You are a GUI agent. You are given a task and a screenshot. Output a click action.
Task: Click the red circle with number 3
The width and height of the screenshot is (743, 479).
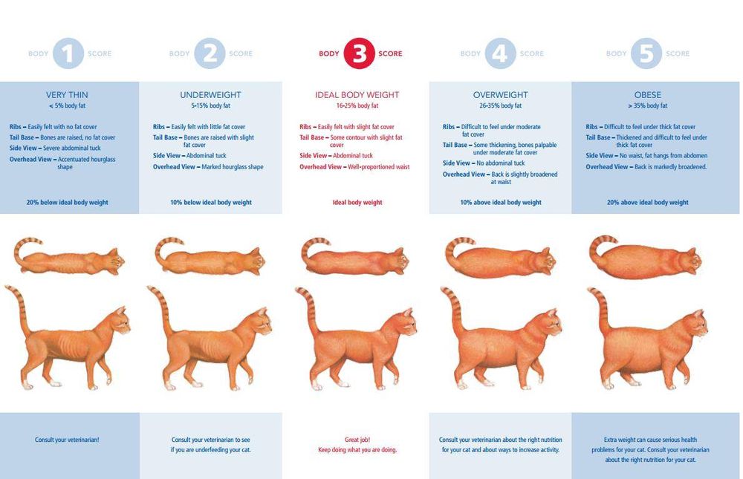[359, 53]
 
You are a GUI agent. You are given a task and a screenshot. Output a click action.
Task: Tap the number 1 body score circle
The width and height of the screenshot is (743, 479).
[68, 53]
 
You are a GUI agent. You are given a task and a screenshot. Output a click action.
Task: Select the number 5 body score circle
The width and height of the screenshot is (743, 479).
[646, 53]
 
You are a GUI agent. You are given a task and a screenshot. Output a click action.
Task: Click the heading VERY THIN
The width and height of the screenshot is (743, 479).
[67, 95]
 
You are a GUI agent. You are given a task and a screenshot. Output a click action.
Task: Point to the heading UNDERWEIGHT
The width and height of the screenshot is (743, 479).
[210, 95]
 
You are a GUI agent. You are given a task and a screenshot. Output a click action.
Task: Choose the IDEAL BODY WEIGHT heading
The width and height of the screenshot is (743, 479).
[357, 95]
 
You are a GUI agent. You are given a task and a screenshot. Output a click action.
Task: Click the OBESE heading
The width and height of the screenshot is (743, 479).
[647, 95]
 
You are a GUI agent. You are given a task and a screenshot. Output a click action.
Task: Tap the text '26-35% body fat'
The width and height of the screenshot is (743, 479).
[500, 105]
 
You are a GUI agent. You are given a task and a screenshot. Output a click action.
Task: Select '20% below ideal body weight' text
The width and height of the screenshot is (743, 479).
[68, 202]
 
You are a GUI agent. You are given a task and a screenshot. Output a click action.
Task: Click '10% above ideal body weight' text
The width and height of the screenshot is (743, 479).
[501, 202]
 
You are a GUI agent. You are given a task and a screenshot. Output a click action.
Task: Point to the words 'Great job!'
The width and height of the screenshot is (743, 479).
[357, 440]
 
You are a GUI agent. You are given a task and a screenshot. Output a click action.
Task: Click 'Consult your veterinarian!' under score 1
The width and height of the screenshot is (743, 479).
[67, 440]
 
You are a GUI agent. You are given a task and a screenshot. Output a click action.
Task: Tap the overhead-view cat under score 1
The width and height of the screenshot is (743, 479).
[68, 257]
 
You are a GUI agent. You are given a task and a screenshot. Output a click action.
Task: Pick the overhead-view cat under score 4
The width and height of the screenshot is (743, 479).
[500, 258]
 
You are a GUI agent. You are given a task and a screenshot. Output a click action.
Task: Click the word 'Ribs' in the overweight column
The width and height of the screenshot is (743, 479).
[448, 127]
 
